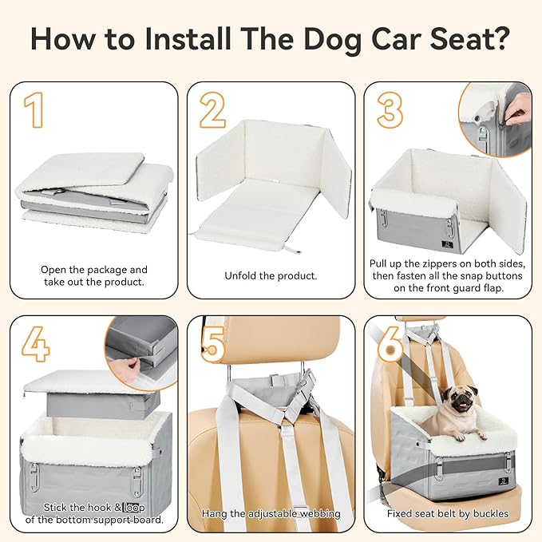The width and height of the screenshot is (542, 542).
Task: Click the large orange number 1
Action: pos(34,110)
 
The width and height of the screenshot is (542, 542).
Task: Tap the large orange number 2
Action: pos(212,110)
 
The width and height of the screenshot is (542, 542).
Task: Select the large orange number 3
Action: pos(390,110)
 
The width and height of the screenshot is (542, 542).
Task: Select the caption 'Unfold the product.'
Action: pos(271,275)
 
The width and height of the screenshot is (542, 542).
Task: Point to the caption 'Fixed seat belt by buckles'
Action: pos(448,513)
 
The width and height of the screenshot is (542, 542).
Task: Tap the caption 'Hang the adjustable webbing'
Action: pos(271,513)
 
